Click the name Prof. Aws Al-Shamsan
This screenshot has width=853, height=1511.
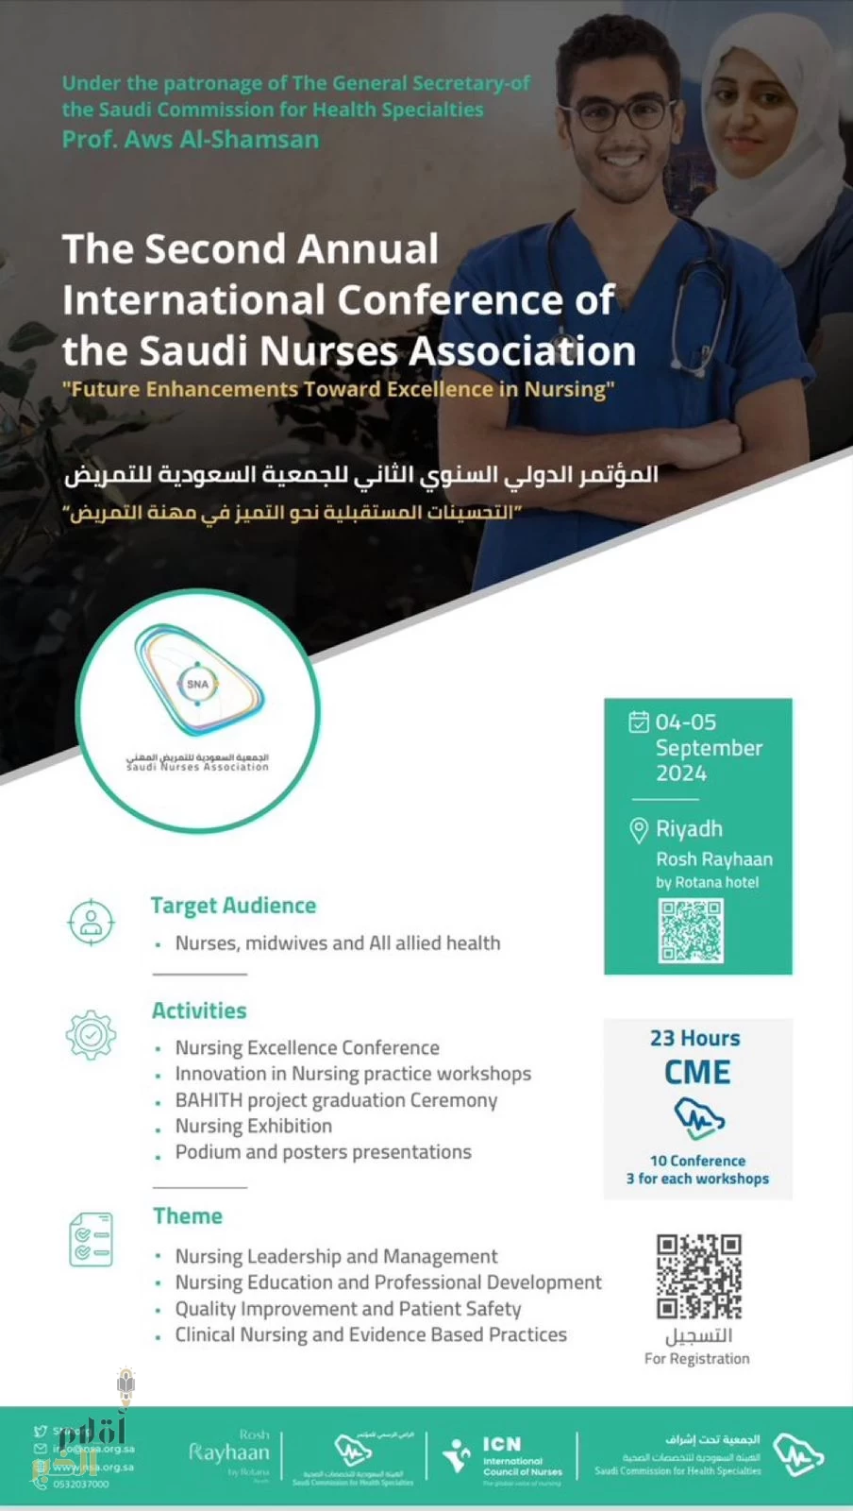pyautogui.click(x=191, y=140)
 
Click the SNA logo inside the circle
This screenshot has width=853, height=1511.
pyautogui.click(x=198, y=682)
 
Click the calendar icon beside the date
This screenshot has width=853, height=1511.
pyautogui.click(x=639, y=722)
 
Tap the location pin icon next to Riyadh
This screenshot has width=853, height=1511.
pyautogui.click(x=639, y=829)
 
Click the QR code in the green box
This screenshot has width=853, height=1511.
pyautogui.click(x=691, y=931)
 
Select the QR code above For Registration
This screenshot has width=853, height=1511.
pyautogui.click(x=698, y=1276)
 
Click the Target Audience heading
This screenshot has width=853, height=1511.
pyautogui.click(x=233, y=905)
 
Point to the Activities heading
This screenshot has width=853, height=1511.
pyautogui.click(x=199, y=1010)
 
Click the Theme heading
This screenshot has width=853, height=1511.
pyautogui.click(x=188, y=1215)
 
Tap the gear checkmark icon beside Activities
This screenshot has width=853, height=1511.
pyautogui.click(x=91, y=1034)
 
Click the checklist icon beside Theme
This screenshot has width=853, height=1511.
pyautogui.click(x=91, y=1239)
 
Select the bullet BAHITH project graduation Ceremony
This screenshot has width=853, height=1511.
pyautogui.click(x=336, y=1100)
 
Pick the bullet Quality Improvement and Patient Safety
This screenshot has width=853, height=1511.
pyautogui.click(x=348, y=1309)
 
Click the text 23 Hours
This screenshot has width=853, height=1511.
pyautogui.click(x=695, y=1038)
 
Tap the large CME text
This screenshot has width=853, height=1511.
pyautogui.click(x=697, y=1073)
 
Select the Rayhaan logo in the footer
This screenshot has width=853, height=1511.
pyautogui.click(x=229, y=1452)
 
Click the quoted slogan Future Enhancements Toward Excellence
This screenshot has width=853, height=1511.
pyautogui.click(x=338, y=389)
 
